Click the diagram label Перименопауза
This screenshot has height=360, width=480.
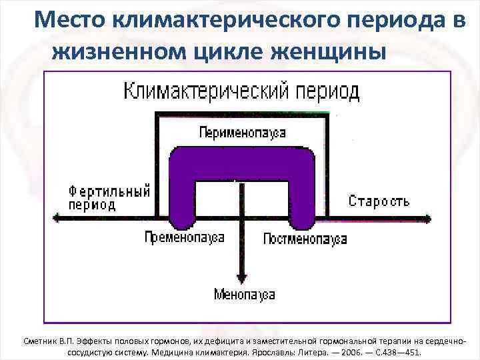(242, 133)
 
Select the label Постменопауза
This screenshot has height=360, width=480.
(305, 239)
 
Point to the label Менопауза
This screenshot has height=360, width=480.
(244, 294)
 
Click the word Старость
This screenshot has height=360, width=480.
(379, 201)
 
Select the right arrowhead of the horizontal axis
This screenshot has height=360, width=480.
(431, 217)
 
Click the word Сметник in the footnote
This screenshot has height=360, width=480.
(41, 341)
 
